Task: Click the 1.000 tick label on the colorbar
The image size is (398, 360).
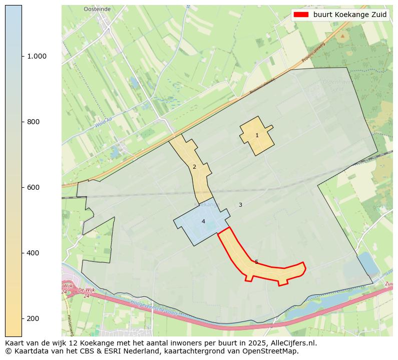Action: [37, 56]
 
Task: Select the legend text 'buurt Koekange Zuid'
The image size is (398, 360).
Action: [350, 15]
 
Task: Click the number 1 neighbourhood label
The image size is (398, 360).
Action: [257, 135]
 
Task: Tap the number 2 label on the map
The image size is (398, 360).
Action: [194, 167]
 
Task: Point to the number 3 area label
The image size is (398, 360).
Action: [240, 205]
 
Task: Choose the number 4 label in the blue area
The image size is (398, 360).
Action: [203, 221]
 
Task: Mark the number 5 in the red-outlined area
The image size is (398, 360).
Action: [256, 262]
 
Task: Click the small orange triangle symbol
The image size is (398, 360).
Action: [342, 36]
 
